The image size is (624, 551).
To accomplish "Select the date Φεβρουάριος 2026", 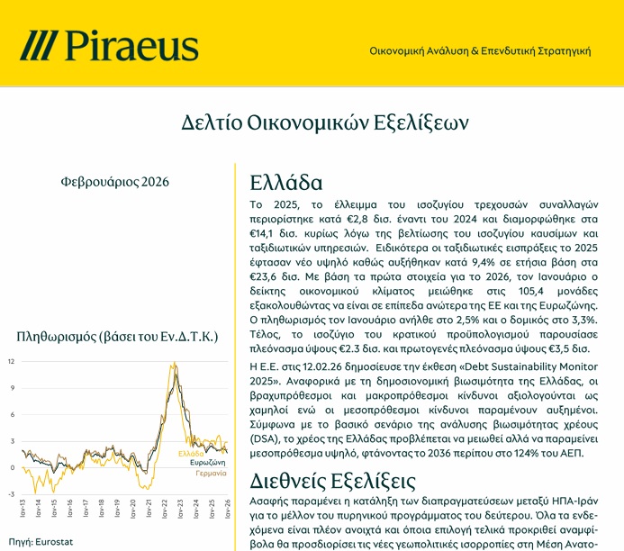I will pos(115,181).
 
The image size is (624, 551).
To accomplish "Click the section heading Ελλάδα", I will pos(285,183).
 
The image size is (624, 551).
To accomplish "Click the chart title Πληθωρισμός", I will pos(118,337).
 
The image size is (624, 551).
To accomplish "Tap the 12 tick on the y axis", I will pos(11,362).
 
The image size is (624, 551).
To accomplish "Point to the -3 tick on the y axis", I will pos(11,493).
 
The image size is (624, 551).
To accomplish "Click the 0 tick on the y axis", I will pos(12,467).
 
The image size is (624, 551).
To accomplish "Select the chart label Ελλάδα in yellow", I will pos(191,453).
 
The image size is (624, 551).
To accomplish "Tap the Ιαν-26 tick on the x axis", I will pos(226,507).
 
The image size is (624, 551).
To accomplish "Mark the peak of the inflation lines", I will pos(172,364).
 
